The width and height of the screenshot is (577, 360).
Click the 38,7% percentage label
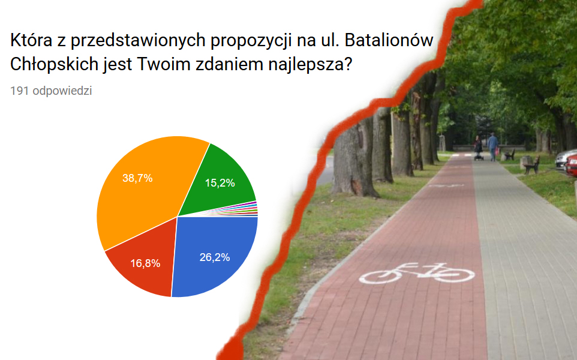137,178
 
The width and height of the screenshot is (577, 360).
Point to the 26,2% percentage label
215,257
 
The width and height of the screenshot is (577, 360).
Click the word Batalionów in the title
389,40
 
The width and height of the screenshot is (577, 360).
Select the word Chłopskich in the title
54,64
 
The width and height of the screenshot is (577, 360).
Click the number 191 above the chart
20,91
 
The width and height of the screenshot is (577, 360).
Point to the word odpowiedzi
62,91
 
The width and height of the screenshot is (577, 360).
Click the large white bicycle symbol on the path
417,273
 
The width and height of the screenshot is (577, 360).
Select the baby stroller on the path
479,152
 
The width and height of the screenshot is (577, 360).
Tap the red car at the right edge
572,165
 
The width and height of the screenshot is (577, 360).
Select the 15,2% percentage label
220,183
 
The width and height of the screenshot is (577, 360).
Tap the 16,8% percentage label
145,263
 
